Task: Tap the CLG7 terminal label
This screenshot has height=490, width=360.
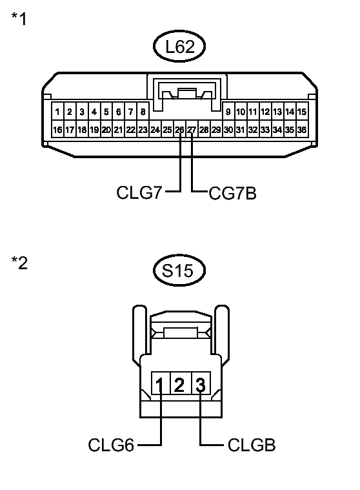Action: [x=139, y=192]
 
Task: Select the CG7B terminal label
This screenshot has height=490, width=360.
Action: [x=232, y=192]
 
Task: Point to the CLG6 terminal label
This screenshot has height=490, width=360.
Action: [x=110, y=445]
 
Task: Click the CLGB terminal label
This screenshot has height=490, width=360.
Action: [x=252, y=445]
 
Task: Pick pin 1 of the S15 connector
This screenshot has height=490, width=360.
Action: [x=160, y=386]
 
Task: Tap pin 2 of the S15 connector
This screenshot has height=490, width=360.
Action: [x=180, y=386]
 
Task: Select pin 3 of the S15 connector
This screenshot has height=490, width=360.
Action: [x=201, y=386]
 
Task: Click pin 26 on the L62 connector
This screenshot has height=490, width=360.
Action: [x=179, y=130]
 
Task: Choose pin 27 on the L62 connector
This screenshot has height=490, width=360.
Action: [x=192, y=130]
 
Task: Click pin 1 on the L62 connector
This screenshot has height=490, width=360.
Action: [x=58, y=112]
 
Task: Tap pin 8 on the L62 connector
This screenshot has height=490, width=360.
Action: [x=143, y=112]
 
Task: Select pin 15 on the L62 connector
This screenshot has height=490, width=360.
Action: [x=301, y=112]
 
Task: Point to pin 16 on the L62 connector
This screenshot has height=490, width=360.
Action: [x=58, y=130]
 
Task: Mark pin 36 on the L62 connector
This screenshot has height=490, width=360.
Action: [x=301, y=130]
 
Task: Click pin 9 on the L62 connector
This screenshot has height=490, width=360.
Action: [x=228, y=112]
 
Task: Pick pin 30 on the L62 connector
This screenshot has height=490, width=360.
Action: [x=228, y=130]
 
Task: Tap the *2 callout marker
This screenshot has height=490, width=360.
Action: [x=19, y=263]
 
